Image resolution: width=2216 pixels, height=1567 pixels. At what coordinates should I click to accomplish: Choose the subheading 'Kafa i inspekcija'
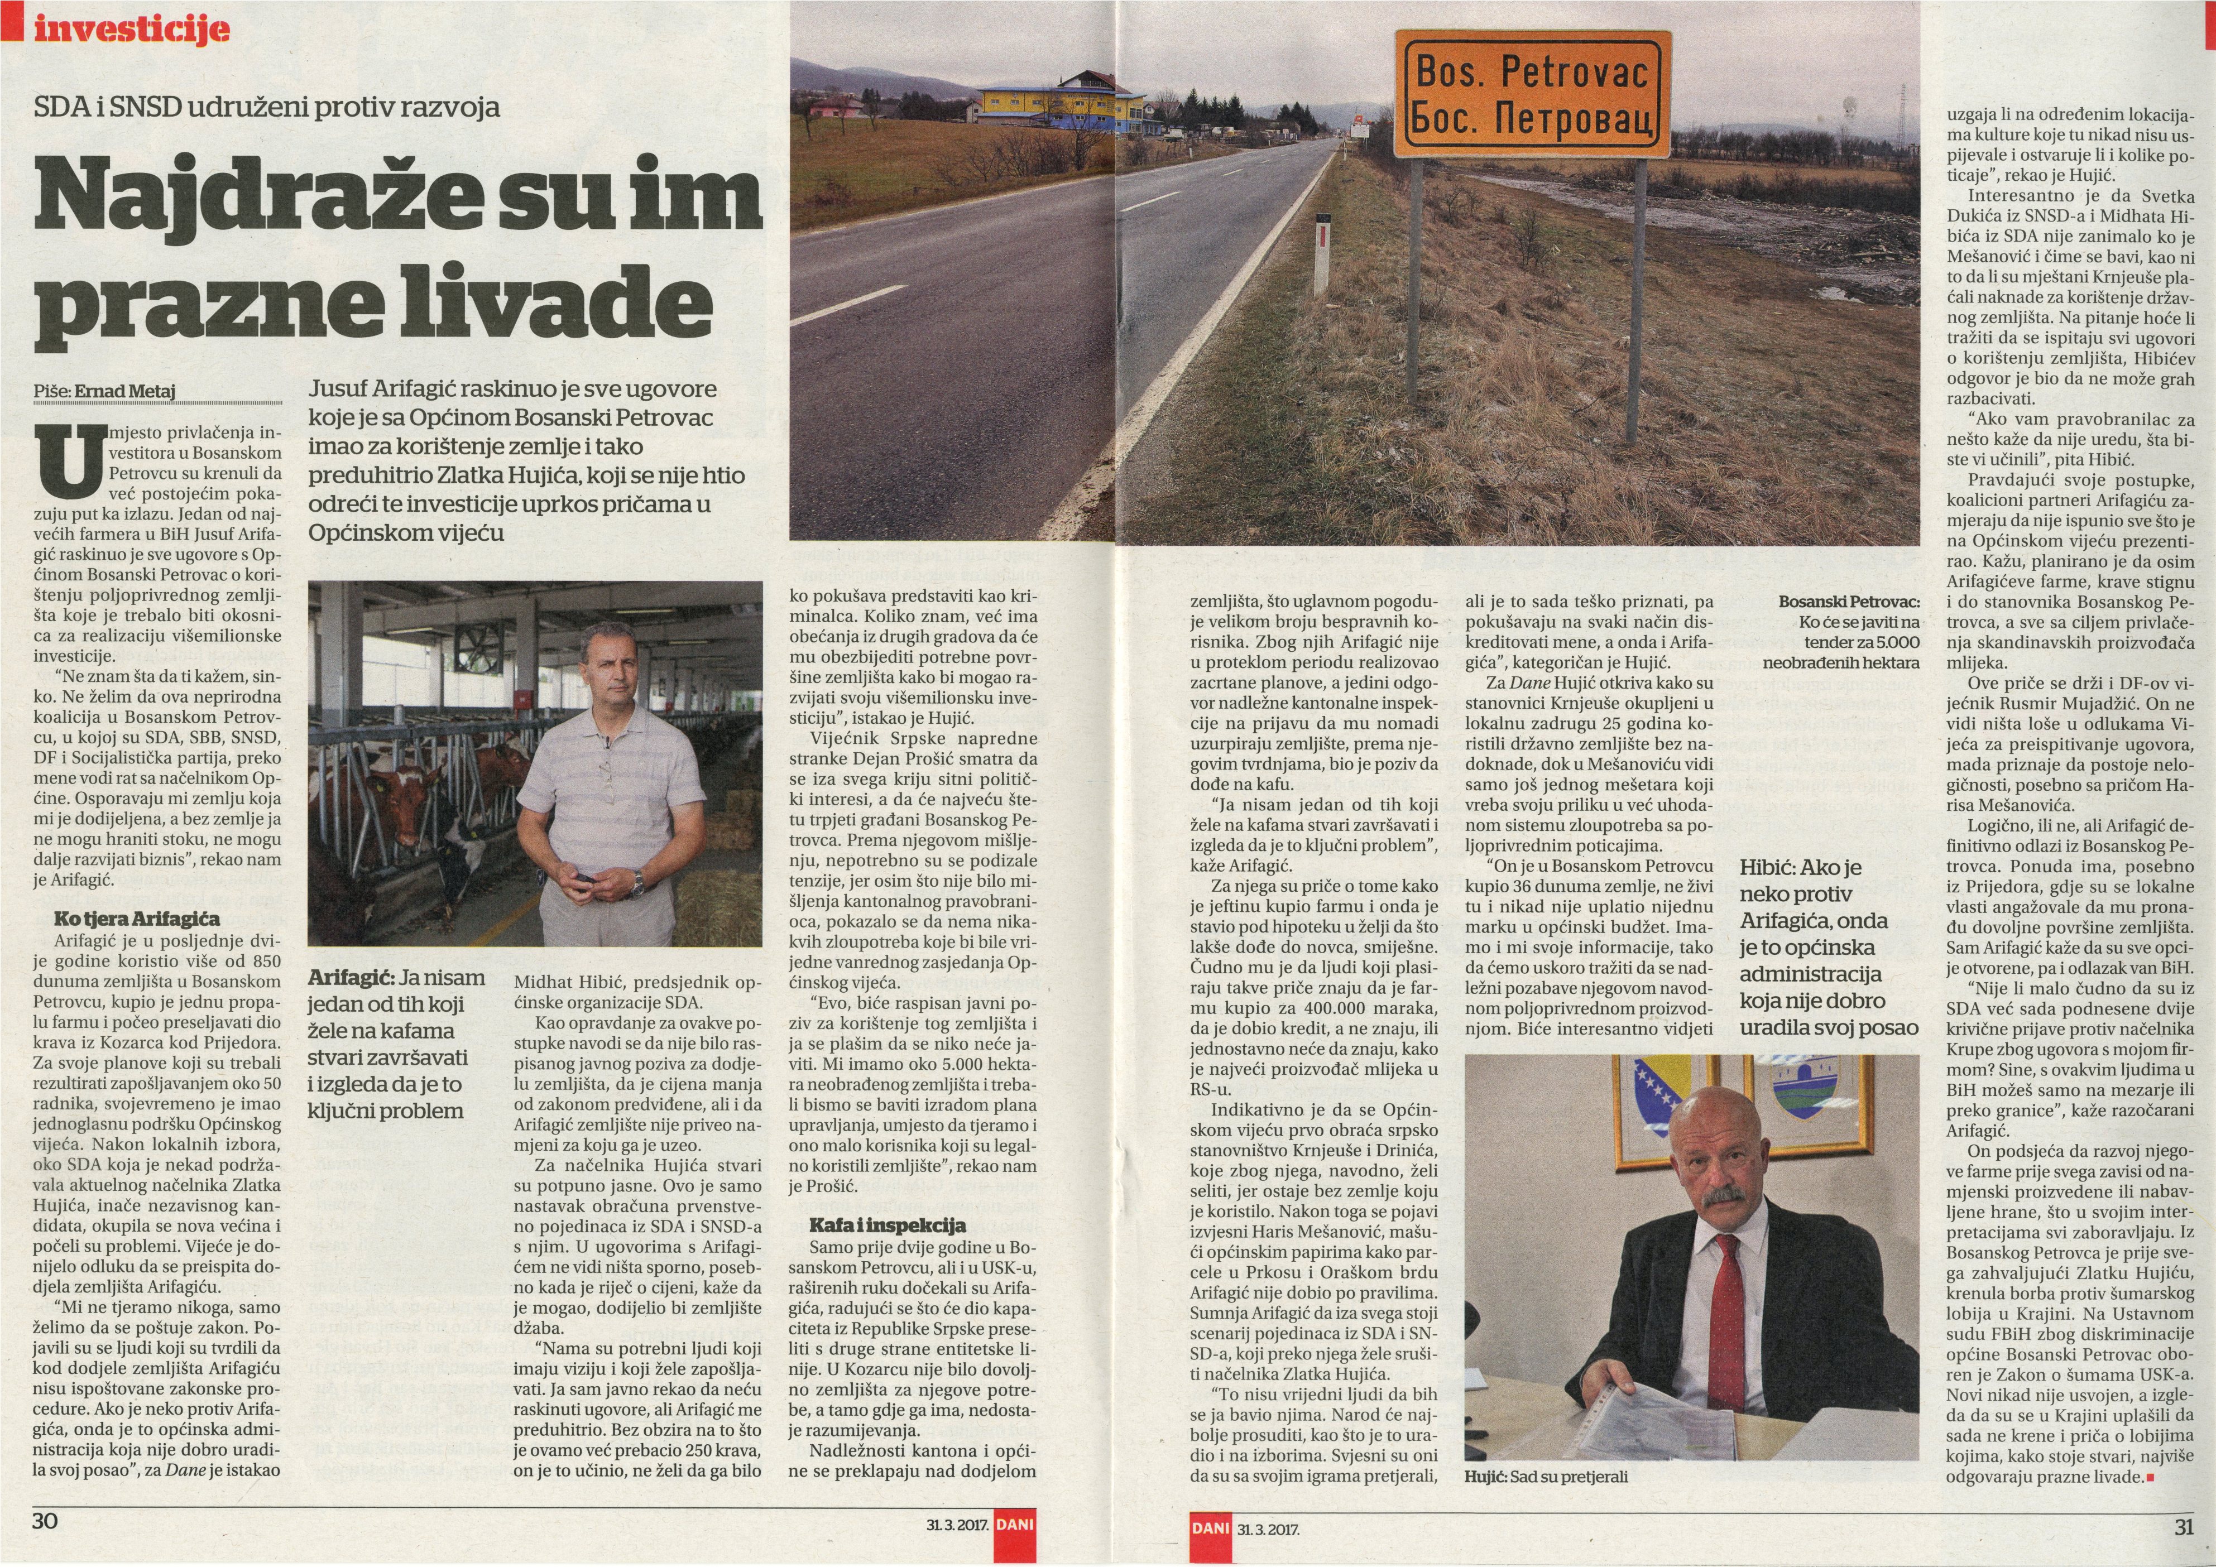point(887,1225)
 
